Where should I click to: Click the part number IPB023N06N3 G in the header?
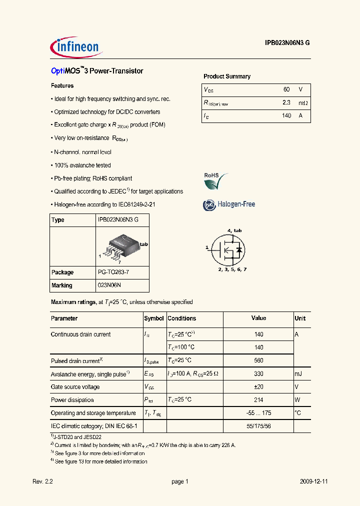[x=287, y=43]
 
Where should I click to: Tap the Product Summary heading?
[x=226, y=76]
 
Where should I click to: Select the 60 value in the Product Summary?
[x=286, y=89]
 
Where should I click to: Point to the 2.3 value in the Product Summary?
[x=286, y=102]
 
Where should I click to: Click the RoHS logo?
[x=215, y=180]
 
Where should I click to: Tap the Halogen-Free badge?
[x=229, y=204]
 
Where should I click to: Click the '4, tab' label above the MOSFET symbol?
[x=235, y=230]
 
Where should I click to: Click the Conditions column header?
[x=181, y=318]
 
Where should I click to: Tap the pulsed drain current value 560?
[x=258, y=360]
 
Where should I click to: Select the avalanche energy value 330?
[x=258, y=374]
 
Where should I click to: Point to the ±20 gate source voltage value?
[x=258, y=387]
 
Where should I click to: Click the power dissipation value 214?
[x=258, y=400]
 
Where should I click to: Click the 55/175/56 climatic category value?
[x=258, y=426]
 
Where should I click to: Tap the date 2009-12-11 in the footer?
[x=313, y=481]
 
